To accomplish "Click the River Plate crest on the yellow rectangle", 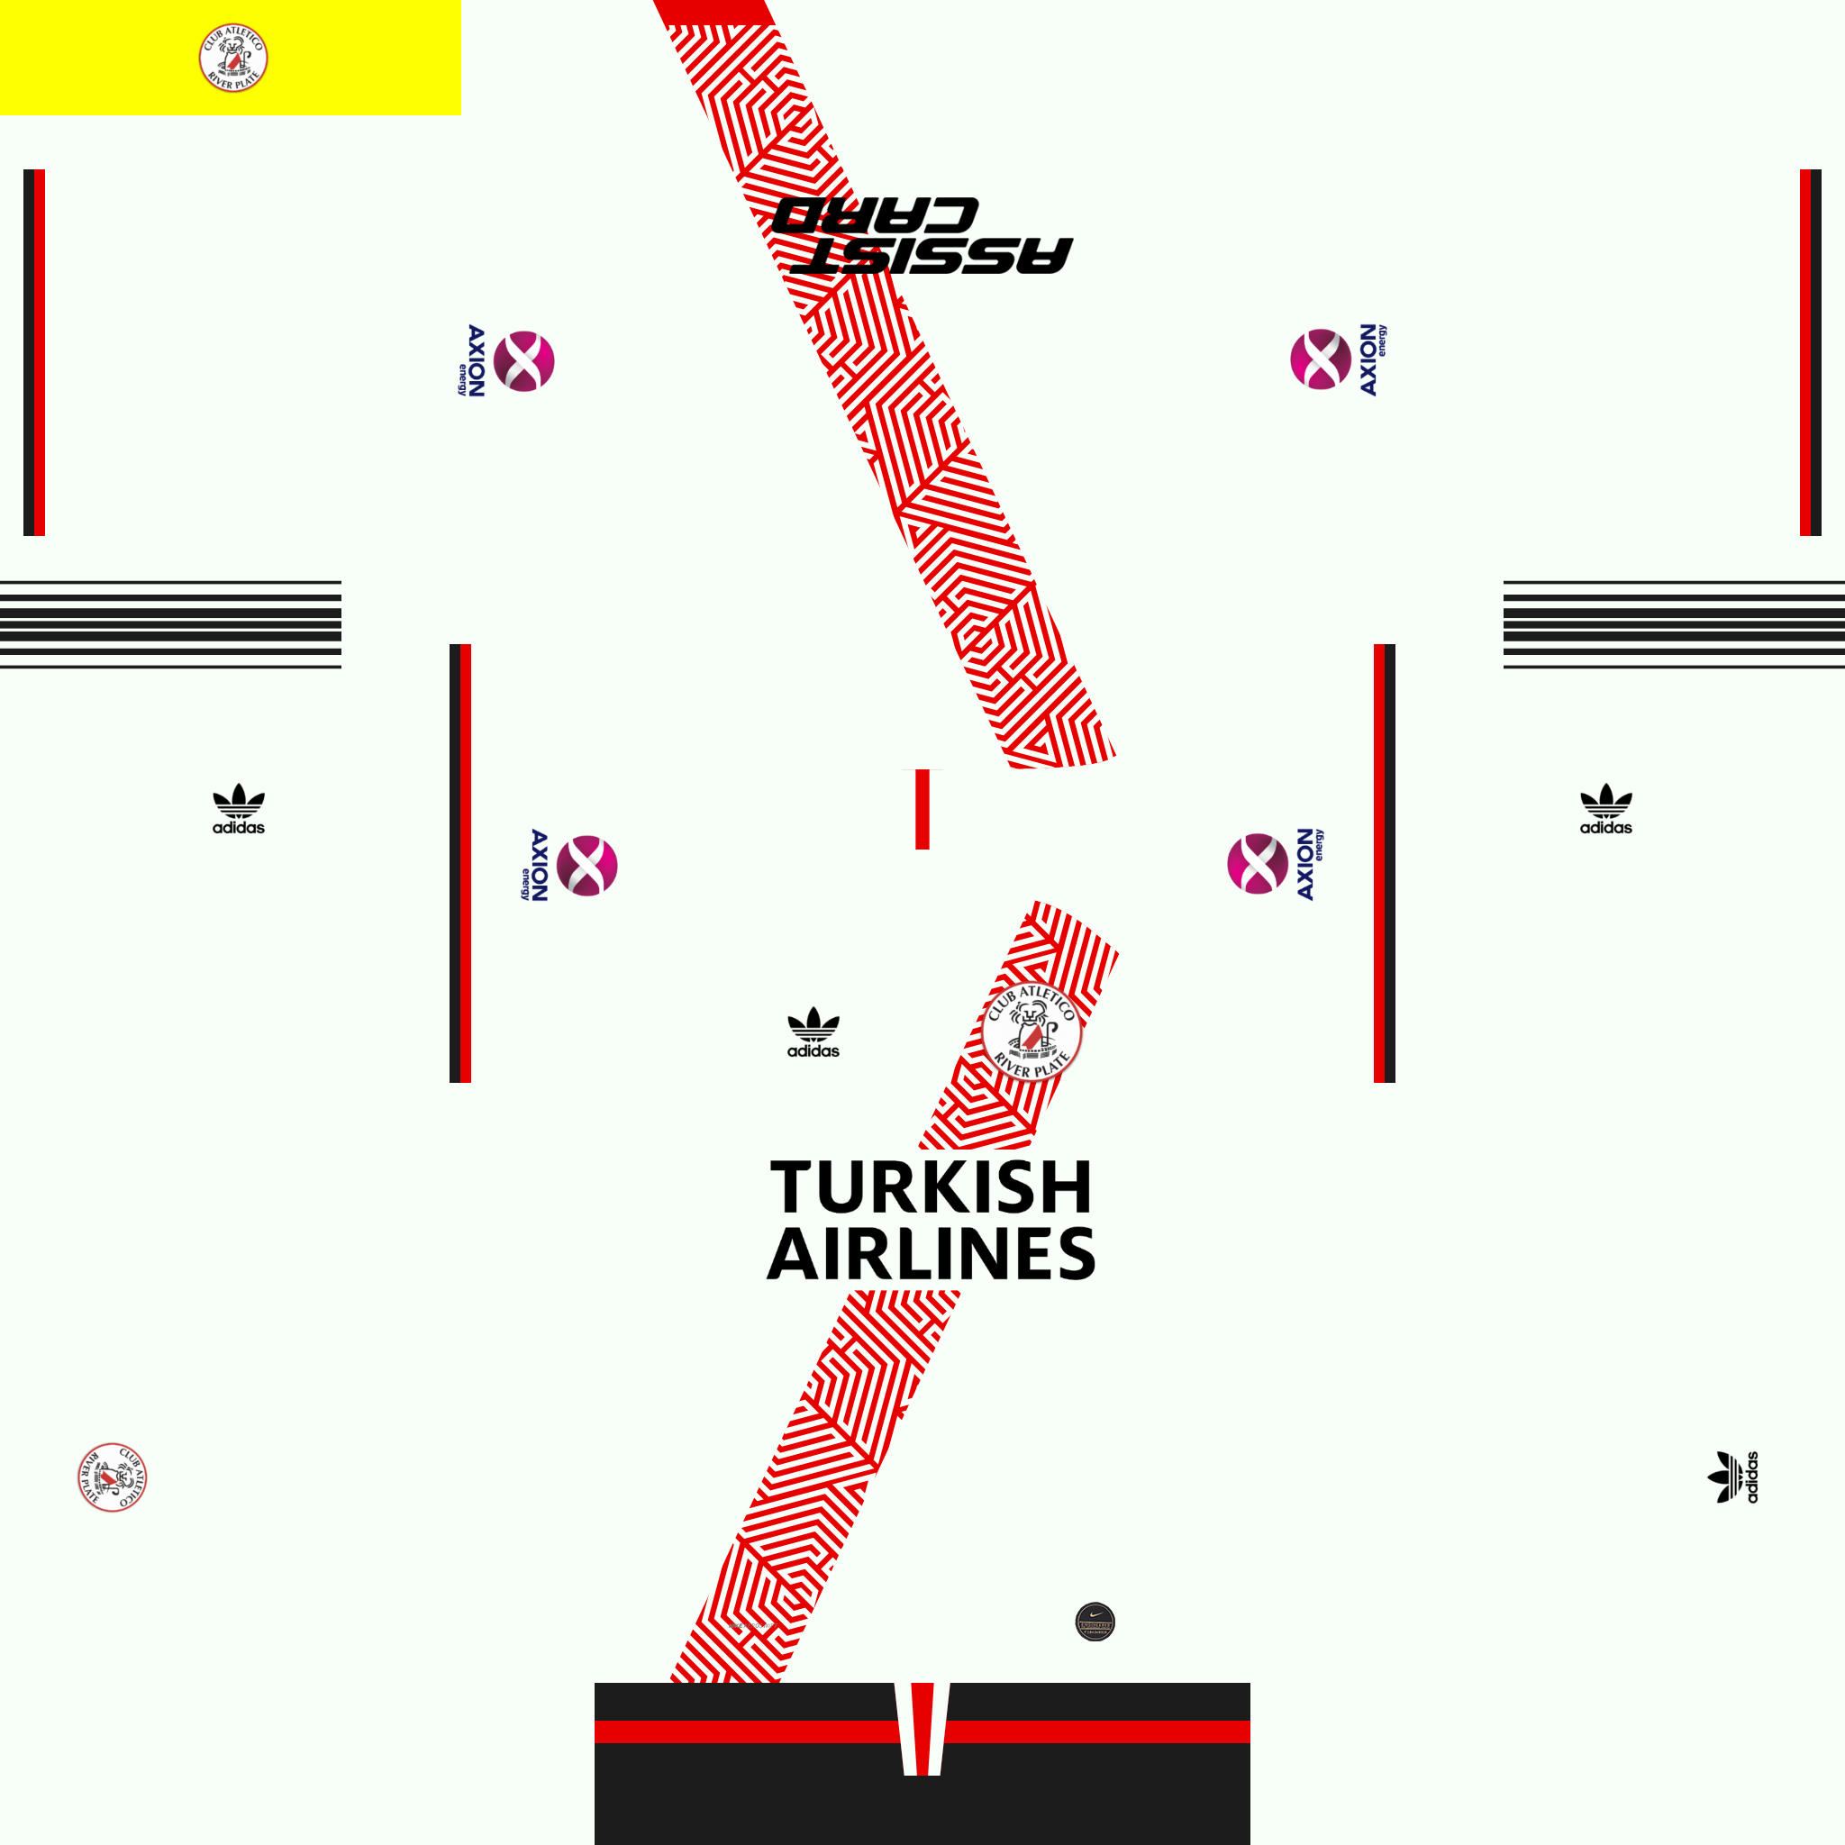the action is (x=233, y=59).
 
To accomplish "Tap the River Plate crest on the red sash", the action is (x=1032, y=1032).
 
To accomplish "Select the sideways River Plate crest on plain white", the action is (x=113, y=1477).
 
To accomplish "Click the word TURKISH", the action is (x=932, y=1187).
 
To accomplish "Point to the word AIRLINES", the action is (x=932, y=1254).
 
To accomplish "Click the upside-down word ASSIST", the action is (x=932, y=255).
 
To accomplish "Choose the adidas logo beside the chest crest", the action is (x=813, y=1033).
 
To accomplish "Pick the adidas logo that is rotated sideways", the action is (x=1733, y=1477).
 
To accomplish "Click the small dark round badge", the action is (x=1095, y=1622).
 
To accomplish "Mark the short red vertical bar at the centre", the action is (x=922, y=809).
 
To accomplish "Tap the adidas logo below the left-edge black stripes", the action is (x=239, y=809).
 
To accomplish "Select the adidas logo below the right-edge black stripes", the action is (x=1605, y=809).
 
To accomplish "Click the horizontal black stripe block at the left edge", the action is (x=170, y=623).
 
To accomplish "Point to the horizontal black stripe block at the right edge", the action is (x=1673, y=623).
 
